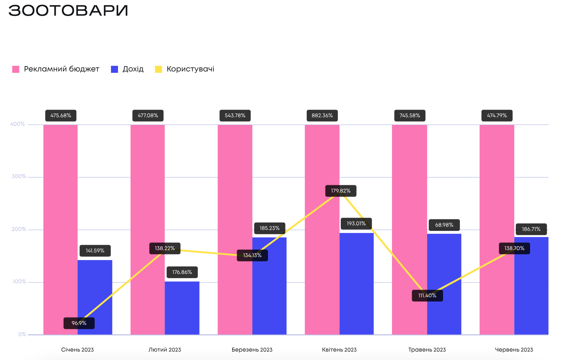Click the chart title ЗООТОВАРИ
(68, 10)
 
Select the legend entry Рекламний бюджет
(56, 69)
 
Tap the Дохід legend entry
(127, 69)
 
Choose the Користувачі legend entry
(185, 69)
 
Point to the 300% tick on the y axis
(19, 177)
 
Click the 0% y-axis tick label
(22, 335)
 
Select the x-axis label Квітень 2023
(339, 350)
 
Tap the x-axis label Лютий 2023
(165, 350)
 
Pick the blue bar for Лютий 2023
(182, 308)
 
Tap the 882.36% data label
(322, 116)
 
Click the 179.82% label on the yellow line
(341, 191)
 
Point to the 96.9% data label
(79, 323)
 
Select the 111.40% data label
(427, 296)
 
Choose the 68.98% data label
(444, 225)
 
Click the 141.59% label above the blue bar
(95, 251)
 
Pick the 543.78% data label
(235, 116)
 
